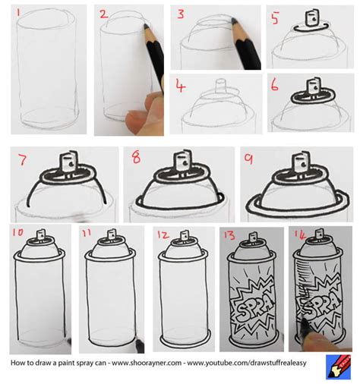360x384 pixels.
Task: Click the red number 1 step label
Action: pyautogui.click(x=21, y=11)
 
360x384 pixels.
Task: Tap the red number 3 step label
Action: pyautogui.click(x=181, y=14)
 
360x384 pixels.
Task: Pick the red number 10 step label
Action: pyautogui.click(x=20, y=234)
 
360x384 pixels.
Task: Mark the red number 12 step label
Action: pyautogui.click(x=162, y=234)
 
